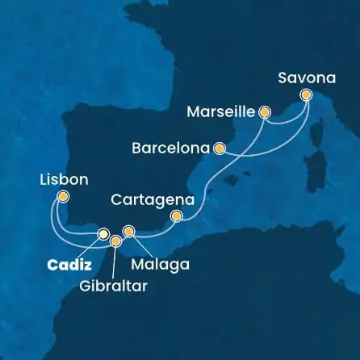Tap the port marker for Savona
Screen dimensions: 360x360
coord(306,95)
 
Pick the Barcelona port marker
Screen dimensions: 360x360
coord(218,148)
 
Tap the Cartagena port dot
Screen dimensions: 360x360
coord(178,216)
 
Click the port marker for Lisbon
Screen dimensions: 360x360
coord(63,195)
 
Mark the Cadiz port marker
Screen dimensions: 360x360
coord(103,234)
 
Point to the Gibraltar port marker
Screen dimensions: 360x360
coord(116,240)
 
